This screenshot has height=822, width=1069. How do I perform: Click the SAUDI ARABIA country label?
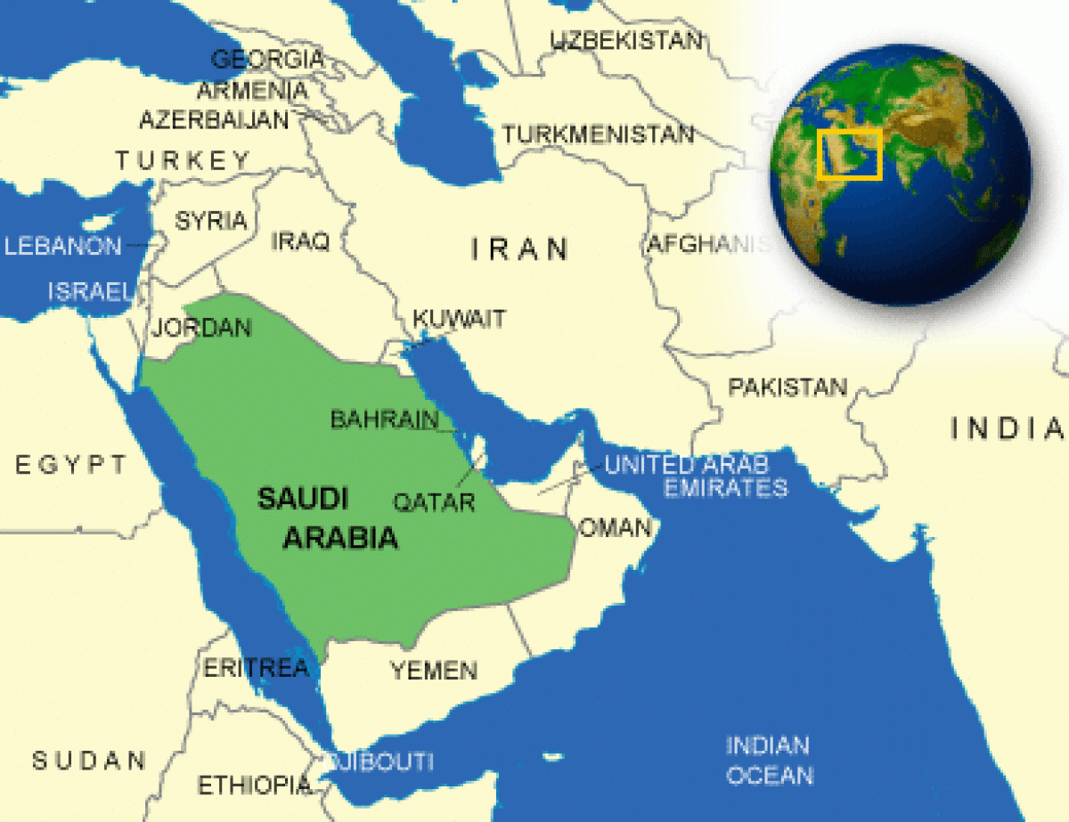326,517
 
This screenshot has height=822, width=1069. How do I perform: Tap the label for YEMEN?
434,670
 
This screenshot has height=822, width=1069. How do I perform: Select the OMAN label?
616,527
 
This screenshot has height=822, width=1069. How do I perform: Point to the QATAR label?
435,501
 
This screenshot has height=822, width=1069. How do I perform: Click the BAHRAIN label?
385,419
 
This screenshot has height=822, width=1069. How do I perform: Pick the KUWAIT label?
459,318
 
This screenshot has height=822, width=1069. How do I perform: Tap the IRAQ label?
300,240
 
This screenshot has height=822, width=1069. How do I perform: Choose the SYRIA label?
211,221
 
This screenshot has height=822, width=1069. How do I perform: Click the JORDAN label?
201,328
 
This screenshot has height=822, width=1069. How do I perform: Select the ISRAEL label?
90,290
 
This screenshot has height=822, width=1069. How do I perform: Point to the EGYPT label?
71,464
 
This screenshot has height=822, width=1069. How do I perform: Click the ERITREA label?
257,668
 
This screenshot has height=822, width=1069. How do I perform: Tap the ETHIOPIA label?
255,785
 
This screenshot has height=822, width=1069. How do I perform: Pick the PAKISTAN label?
787,387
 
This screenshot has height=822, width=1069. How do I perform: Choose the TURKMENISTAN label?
598,134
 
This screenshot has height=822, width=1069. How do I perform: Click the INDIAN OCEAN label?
768,760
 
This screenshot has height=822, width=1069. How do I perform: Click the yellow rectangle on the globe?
850,154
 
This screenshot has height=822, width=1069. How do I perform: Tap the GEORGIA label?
267,60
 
